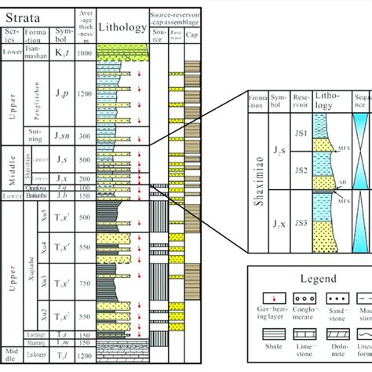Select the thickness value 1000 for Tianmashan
tap(85, 51)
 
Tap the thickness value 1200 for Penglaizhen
tap(85, 93)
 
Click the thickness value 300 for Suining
tap(85, 136)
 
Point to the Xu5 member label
tap(35, 215)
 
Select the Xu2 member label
tap(35, 316)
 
